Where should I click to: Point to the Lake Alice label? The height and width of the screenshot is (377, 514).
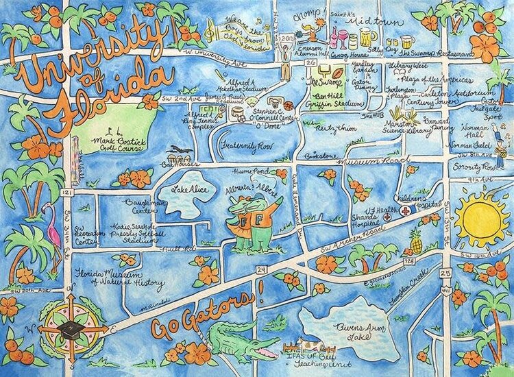pos(186,190)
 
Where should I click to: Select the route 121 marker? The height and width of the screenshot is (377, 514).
pos(67,194)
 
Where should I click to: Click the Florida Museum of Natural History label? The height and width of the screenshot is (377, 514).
pos(120,277)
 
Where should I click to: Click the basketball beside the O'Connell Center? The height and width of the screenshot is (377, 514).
pos(289,105)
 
